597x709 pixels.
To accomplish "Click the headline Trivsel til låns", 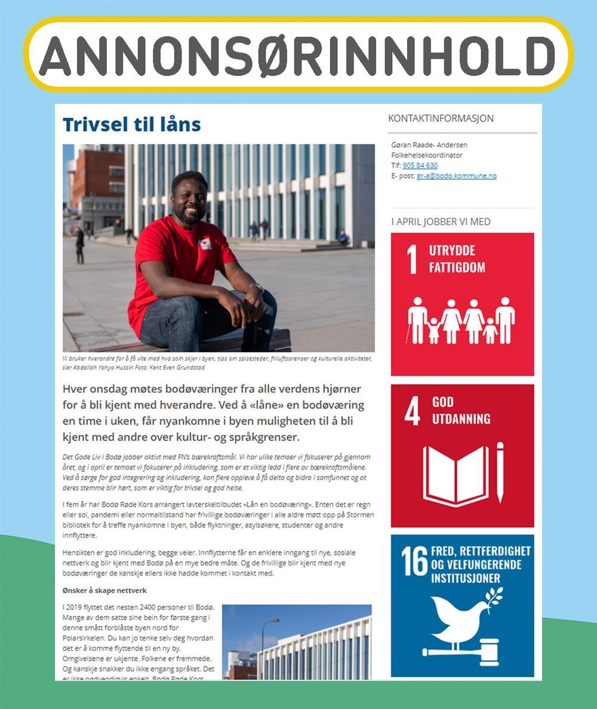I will [131, 124].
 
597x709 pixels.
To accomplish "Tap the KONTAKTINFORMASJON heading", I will [441, 118].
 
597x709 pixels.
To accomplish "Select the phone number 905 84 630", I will [420, 165].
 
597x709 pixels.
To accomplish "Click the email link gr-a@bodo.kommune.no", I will [456, 175].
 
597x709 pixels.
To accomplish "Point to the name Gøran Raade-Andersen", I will [429, 145].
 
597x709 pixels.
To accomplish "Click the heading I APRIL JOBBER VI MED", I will [441, 221].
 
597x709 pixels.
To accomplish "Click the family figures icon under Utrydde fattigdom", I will [461, 320].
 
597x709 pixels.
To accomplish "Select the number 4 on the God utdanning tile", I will [412, 412].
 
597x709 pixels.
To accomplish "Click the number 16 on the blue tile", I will [414, 562].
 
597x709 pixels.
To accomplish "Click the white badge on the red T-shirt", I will [205, 243].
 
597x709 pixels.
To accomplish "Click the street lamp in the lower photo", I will [264, 645].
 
